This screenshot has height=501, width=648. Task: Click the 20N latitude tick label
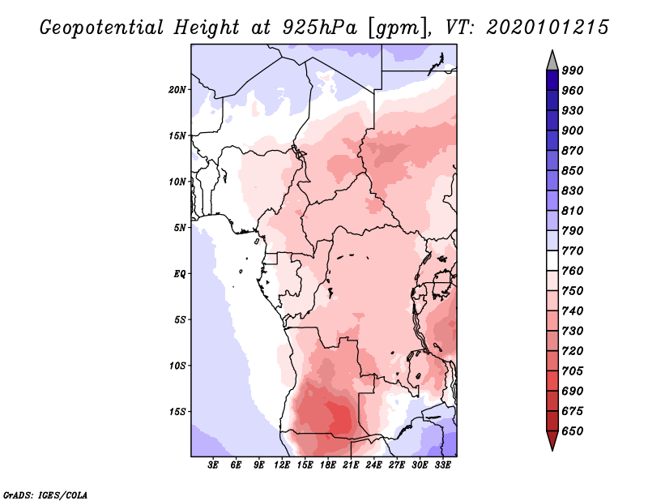[177, 90]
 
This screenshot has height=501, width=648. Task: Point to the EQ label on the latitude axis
[179, 274]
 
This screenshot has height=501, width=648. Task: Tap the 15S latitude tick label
[177, 412]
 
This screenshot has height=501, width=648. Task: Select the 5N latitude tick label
[179, 228]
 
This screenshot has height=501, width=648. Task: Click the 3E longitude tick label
[213, 465]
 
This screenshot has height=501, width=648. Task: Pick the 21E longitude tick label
[351, 465]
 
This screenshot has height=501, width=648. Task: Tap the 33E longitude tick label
[442, 465]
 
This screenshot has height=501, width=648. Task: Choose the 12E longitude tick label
[282, 465]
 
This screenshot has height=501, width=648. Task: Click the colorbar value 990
[573, 71]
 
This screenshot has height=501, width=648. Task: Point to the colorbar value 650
[573, 431]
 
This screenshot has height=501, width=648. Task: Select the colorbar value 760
[573, 271]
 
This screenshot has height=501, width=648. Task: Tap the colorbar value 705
[573, 370]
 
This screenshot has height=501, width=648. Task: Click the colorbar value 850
[573, 170]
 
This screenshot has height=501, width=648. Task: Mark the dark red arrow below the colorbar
[552, 439]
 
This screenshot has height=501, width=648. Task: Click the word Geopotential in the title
[102, 28]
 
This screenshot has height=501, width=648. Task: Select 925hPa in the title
[319, 28]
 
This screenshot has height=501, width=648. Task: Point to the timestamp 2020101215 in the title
[548, 28]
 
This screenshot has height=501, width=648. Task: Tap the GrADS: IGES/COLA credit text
[45, 495]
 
